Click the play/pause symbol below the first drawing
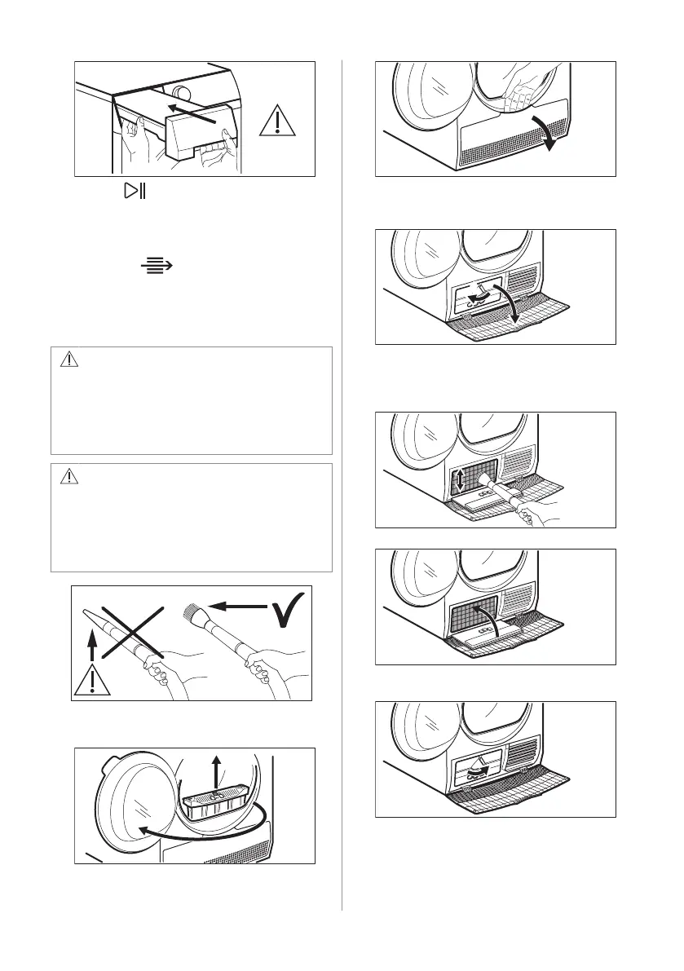(132, 192)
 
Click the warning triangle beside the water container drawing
(279, 121)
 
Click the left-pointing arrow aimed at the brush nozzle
(236, 606)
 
